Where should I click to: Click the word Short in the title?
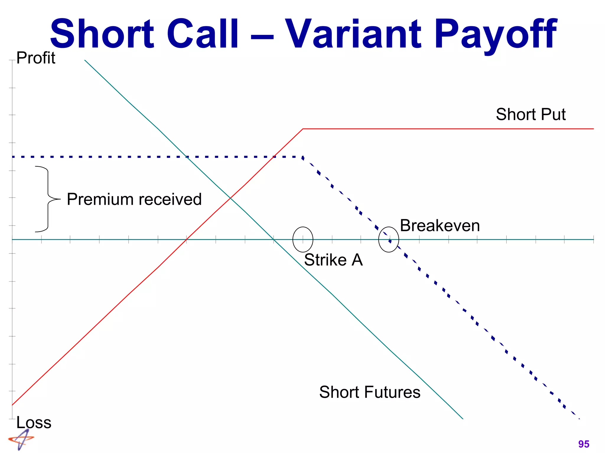pyautogui.click(x=102, y=34)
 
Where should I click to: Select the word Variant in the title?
pyautogui.click(x=353, y=34)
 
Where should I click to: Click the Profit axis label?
pyautogui.click(x=36, y=58)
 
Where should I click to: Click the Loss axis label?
pyautogui.click(x=34, y=422)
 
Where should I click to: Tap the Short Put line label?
pyautogui.click(x=531, y=114)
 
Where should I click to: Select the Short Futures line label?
pyautogui.click(x=370, y=392)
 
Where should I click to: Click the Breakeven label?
pyautogui.click(x=440, y=226)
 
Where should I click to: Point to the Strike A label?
pyautogui.click(x=333, y=260)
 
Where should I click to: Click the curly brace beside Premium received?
pyautogui.click(x=47, y=199)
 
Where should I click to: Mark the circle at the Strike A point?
pyautogui.click(x=303, y=239)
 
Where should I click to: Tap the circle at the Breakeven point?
pyautogui.click(x=389, y=239)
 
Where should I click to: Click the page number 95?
pyautogui.click(x=584, y=444)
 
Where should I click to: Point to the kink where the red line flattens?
pyautogui.click(x=303, y=129)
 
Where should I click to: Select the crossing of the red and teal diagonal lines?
pyautogui.click(x=230, y=198)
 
